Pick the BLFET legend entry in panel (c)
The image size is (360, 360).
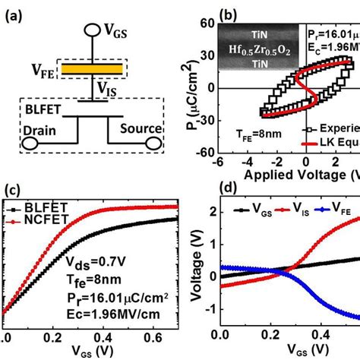[x=46, y=207]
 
